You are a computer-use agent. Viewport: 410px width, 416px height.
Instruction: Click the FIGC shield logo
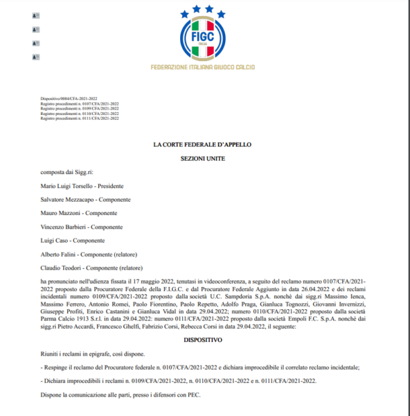202,39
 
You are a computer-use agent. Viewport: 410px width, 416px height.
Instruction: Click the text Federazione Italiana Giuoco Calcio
202,67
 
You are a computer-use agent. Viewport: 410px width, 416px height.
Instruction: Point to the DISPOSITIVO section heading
202,340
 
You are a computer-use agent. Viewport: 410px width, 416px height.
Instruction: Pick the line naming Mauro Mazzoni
79,213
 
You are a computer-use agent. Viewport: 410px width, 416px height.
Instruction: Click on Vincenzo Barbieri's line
82,227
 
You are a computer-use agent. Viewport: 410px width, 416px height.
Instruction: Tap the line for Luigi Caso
73,240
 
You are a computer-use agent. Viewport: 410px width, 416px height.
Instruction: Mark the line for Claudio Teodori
91,267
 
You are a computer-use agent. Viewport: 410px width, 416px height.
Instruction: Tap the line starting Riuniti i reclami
93,354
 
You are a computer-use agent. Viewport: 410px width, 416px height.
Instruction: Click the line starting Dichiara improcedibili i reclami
181,381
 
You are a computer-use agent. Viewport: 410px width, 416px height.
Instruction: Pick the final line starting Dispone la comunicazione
121,395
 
